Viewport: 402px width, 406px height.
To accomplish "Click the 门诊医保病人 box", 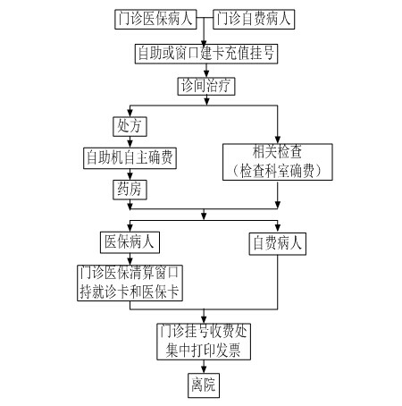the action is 155,20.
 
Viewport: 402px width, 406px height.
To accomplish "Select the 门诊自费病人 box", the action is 254,20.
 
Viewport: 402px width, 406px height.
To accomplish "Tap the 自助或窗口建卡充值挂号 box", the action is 206,54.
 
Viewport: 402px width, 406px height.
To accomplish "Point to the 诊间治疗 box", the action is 206,87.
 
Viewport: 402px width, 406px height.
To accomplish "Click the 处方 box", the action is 130,126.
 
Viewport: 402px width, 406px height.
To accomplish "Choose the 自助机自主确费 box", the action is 130,158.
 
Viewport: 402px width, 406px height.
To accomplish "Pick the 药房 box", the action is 130,190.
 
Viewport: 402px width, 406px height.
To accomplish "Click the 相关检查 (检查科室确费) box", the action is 278,162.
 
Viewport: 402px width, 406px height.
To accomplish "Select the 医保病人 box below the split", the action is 130,242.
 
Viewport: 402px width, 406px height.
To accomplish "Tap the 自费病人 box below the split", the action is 278,244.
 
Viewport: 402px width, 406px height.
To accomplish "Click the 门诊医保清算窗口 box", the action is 130,283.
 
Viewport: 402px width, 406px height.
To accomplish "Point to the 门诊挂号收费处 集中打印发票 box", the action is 204,342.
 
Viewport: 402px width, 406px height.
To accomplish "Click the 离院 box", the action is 204,385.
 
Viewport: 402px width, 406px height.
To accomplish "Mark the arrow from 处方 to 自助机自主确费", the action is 130,142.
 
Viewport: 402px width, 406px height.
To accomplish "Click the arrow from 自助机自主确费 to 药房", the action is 130,174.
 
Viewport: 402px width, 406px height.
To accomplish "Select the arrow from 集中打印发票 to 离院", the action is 204,367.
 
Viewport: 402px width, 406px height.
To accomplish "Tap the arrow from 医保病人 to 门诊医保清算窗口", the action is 130,259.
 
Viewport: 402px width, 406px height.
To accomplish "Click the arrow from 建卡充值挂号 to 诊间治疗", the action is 206,71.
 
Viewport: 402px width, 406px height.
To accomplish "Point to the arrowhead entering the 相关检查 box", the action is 278,140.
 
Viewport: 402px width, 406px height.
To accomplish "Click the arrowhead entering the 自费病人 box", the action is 278,228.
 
